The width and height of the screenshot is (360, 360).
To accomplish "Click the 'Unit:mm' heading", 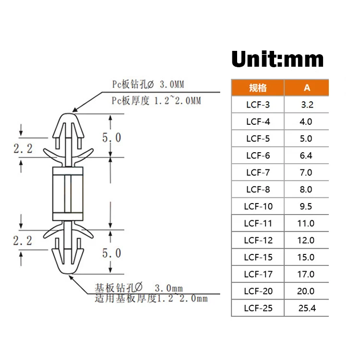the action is click(x=277, y=59).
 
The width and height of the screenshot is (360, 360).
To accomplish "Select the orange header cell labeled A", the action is click(x=307, y=87).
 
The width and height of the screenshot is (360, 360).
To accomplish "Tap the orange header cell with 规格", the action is click(x=258, y=87).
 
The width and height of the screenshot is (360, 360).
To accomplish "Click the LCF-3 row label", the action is click(x=258, y=105).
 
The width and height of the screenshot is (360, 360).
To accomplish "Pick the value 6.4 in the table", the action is click(x=306, y=156).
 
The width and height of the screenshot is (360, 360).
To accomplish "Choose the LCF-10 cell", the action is click(x=258, y=206).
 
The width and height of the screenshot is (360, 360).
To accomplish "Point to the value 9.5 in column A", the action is click(x=306, y=206).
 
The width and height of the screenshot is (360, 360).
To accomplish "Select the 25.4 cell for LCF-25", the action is click(x=307, y=308).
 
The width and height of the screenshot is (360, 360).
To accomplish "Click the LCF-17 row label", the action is click(x=258, y=274).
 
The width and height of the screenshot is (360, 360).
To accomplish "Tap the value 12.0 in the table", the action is click(x=306, y=240).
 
